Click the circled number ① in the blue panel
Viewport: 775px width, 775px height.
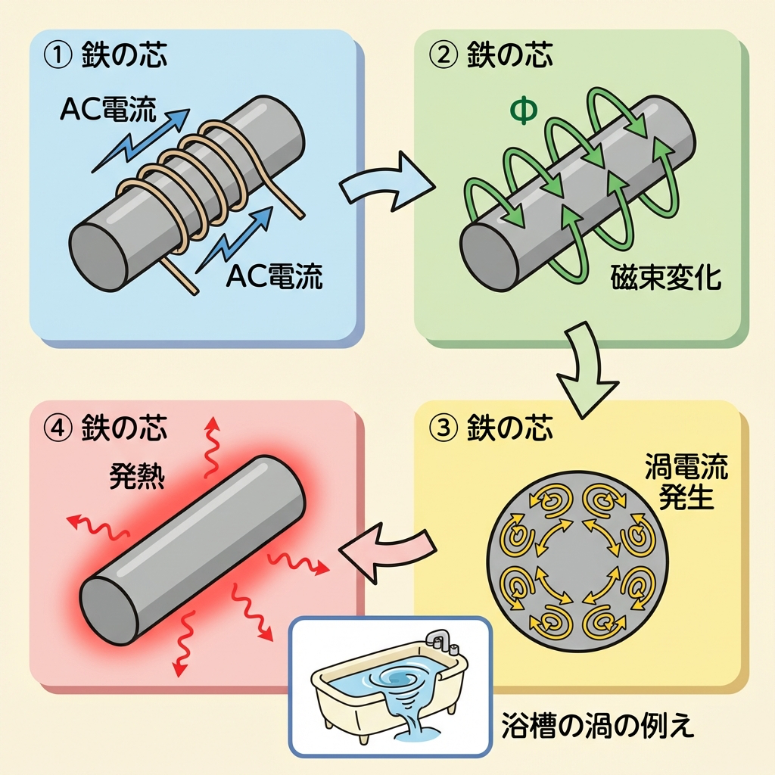57,57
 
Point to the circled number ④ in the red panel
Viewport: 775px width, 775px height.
57,428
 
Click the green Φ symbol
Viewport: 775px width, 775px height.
524,110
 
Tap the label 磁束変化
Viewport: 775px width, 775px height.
666,279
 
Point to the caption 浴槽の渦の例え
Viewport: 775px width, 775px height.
597,727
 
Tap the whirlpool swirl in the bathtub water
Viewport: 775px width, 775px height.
401,677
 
